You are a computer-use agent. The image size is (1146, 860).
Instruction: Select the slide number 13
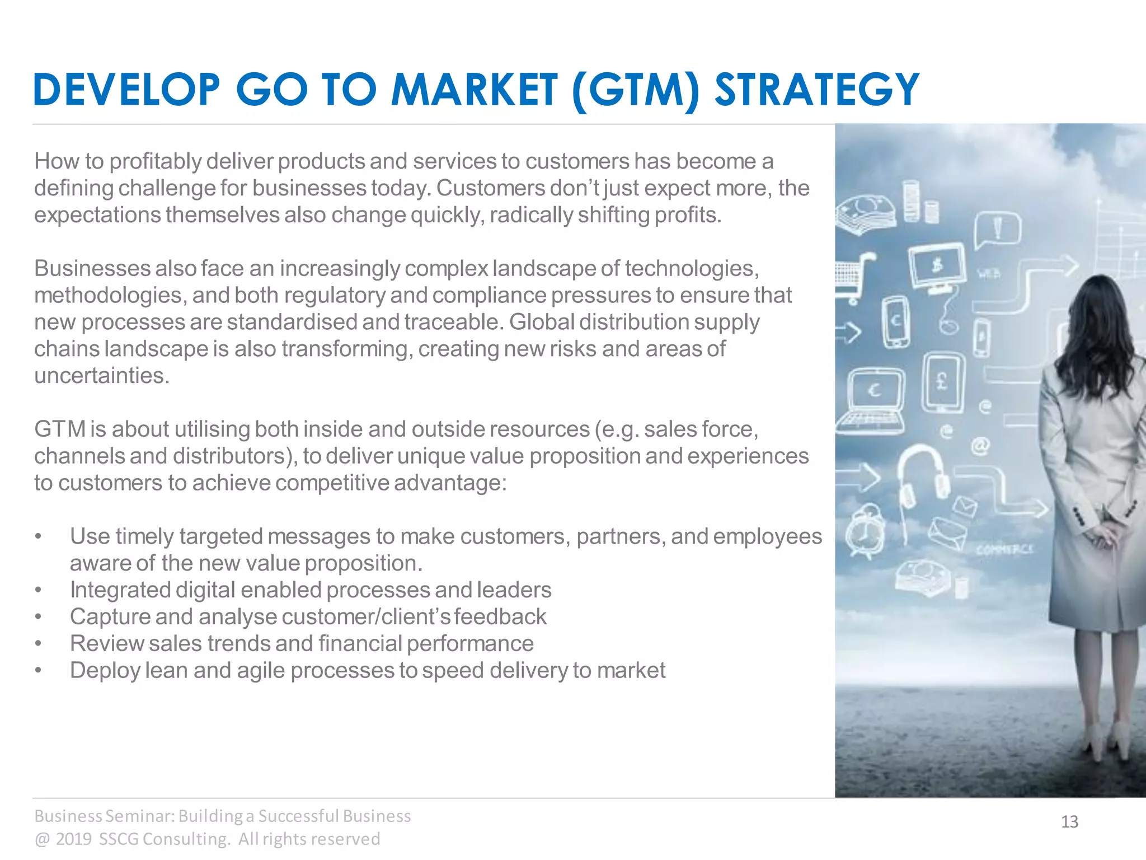pos(1069,822)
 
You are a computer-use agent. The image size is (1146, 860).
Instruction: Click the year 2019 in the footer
pos(74,839)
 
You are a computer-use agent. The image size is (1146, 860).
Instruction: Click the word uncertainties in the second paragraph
pos(101,376)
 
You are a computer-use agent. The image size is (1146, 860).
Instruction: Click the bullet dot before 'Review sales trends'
pos(38,644)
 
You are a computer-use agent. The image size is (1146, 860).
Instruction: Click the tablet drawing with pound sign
pos(942,383)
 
